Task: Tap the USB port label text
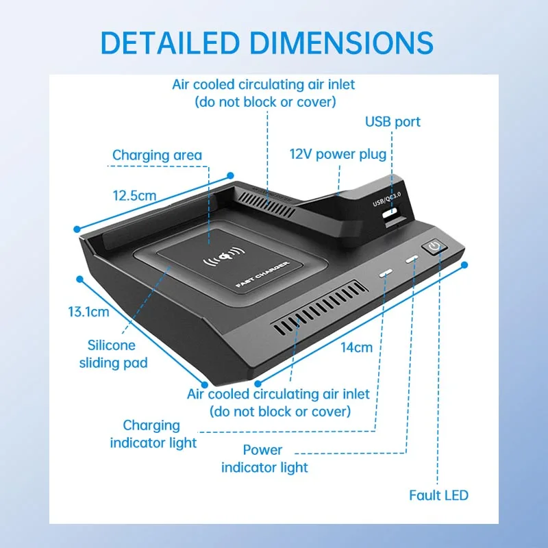click(393, 122)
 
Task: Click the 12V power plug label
click(338, 155)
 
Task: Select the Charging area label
click(157, 155)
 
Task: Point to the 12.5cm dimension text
click(134, 195)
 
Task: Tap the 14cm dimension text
click(356, 347)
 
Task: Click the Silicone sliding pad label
click(117, 354)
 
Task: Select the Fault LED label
click(439, 495)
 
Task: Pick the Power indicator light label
click(264, 459)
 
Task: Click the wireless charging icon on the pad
click(222, 260)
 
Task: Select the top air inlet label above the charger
click(264, 93)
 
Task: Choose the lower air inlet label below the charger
click(278, 403)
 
